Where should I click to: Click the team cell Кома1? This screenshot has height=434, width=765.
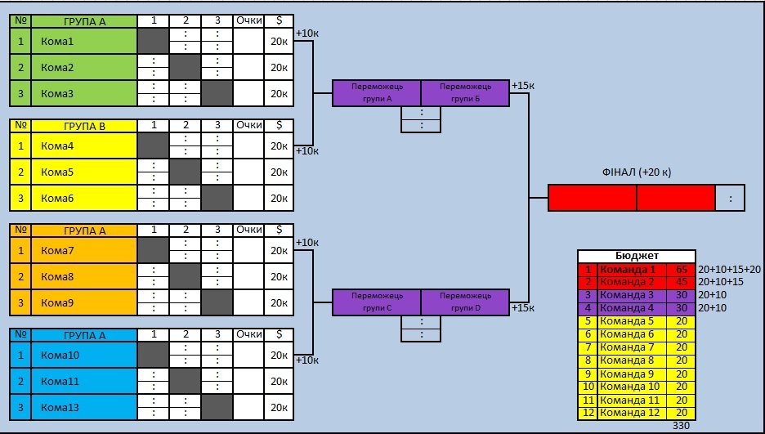coord(83,42)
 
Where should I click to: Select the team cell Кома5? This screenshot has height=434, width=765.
coord(83,172)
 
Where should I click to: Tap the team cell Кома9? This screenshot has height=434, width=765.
coord(83,303)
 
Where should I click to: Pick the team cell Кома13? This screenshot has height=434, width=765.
coord(83,407)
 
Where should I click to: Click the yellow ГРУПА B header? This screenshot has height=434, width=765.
coord(84,126)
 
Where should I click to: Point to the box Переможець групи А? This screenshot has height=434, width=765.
coord(377,92)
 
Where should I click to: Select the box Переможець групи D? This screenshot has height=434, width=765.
coord(465,302)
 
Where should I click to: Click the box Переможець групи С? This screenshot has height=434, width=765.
coord(377,302)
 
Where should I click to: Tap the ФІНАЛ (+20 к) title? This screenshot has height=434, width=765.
coord(637,172)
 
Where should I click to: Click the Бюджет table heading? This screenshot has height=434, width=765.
coord(637,256)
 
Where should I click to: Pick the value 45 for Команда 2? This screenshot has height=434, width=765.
coord(682,282)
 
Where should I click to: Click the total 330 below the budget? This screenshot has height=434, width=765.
coord(681,426)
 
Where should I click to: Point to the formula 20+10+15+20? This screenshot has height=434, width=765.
coord(729,269)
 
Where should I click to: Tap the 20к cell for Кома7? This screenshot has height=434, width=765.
coord(279,251)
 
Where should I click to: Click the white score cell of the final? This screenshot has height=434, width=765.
coord(730,198)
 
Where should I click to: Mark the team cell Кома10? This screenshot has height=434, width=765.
coord(83,355)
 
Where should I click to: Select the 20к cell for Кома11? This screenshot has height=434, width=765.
coord(279,382)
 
